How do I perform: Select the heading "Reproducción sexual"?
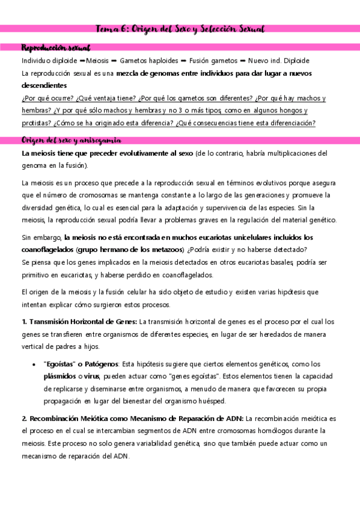[55, 47]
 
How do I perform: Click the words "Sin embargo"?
[41, 237]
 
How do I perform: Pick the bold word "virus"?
[92, 376]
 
